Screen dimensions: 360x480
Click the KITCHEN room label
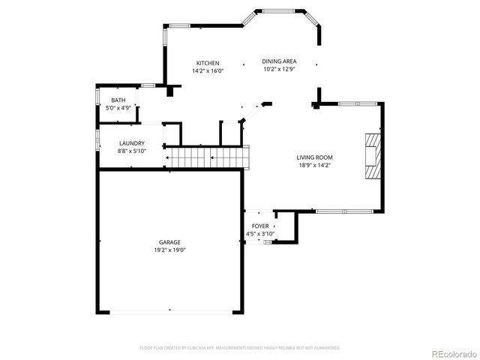coord(208,63)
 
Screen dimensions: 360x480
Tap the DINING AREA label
coord(279,61)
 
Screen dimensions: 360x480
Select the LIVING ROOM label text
coord(314,157)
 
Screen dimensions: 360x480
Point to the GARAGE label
coord(169,242)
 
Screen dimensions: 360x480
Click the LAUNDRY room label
coord(132,143)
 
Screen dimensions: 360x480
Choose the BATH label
coord(118,100)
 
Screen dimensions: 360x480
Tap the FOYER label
coord(260,226)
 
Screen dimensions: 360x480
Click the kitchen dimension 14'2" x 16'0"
coord(208,71)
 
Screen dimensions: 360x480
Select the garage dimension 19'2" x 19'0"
coord(169,250)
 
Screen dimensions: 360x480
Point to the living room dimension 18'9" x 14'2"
coord(314,166)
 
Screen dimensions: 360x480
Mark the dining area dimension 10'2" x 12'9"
coord(279,70)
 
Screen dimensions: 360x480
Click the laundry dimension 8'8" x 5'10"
coord(132,151)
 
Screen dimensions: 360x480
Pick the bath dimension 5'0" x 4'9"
coord(118,108)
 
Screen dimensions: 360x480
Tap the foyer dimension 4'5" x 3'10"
coord(260,234)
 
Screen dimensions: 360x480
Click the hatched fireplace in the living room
coord(373,156)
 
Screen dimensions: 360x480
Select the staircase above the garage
coord(206,157)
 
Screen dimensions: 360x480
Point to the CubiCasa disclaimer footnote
coord(240,348)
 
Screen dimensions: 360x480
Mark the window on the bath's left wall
coord(97,98)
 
